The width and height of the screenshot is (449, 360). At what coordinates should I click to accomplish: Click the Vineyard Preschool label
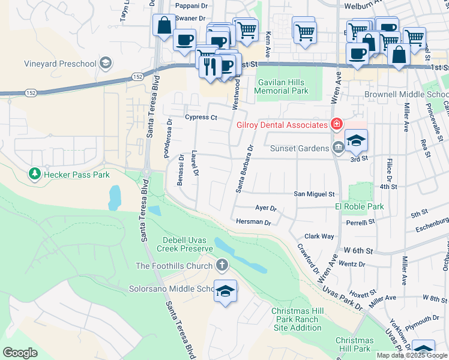point(60,64)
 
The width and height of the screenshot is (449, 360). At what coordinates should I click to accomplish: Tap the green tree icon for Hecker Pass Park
point(34,174)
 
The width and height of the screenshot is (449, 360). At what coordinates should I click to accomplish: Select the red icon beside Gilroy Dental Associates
point(336,124)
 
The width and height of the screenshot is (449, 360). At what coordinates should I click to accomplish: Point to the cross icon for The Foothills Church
point(222,265)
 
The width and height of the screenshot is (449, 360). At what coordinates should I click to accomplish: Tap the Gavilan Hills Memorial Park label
point(281,86)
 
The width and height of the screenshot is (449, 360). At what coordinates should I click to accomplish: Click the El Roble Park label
point(359,206)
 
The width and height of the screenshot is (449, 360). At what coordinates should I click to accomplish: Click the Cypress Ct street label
point(200,118)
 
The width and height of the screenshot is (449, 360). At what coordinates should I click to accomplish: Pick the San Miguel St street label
point(313,194)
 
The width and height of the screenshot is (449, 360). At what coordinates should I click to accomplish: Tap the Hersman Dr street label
point(254,222)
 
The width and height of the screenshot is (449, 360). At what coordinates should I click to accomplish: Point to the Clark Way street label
point(319,236)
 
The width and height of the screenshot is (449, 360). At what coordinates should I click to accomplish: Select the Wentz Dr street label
point(352,263)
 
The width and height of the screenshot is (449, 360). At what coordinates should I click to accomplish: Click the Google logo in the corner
point(20,353)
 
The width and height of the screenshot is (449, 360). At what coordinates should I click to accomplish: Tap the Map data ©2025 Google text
point(411,355)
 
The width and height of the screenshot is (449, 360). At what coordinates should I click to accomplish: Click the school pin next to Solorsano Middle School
point(225,292)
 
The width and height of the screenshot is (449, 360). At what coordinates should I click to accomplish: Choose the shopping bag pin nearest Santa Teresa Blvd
point(163,26)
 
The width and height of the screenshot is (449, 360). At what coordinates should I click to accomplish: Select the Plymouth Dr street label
point(423,319)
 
